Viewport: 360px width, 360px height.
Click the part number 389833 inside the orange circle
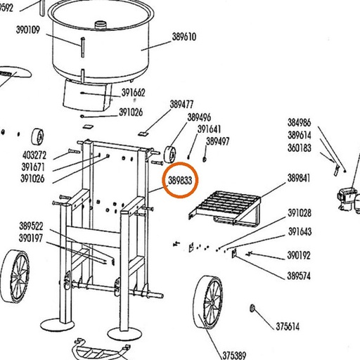[180, 181]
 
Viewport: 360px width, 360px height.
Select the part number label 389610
[184, 37]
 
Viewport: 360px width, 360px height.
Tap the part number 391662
[133, 93]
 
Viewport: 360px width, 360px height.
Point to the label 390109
[28, 30]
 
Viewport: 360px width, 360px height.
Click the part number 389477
[181, 104]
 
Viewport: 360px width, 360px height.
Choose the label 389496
[199, 117]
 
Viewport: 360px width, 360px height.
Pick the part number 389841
[299, 178]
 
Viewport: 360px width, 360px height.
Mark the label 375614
[288, 326]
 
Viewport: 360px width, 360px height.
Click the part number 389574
[299, 276]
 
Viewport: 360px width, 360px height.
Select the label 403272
[34, 155]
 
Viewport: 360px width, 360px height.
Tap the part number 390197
[31, 238]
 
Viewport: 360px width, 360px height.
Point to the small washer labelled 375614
[252, 308]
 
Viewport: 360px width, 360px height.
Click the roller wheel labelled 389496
[170, 155]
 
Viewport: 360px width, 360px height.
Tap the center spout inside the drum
[101, 25]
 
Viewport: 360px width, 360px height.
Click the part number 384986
[300, 122]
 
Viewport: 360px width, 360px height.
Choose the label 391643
[300, 231]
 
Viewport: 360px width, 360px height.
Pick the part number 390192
[299, 255]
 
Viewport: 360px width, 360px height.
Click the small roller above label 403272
[37, 137]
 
